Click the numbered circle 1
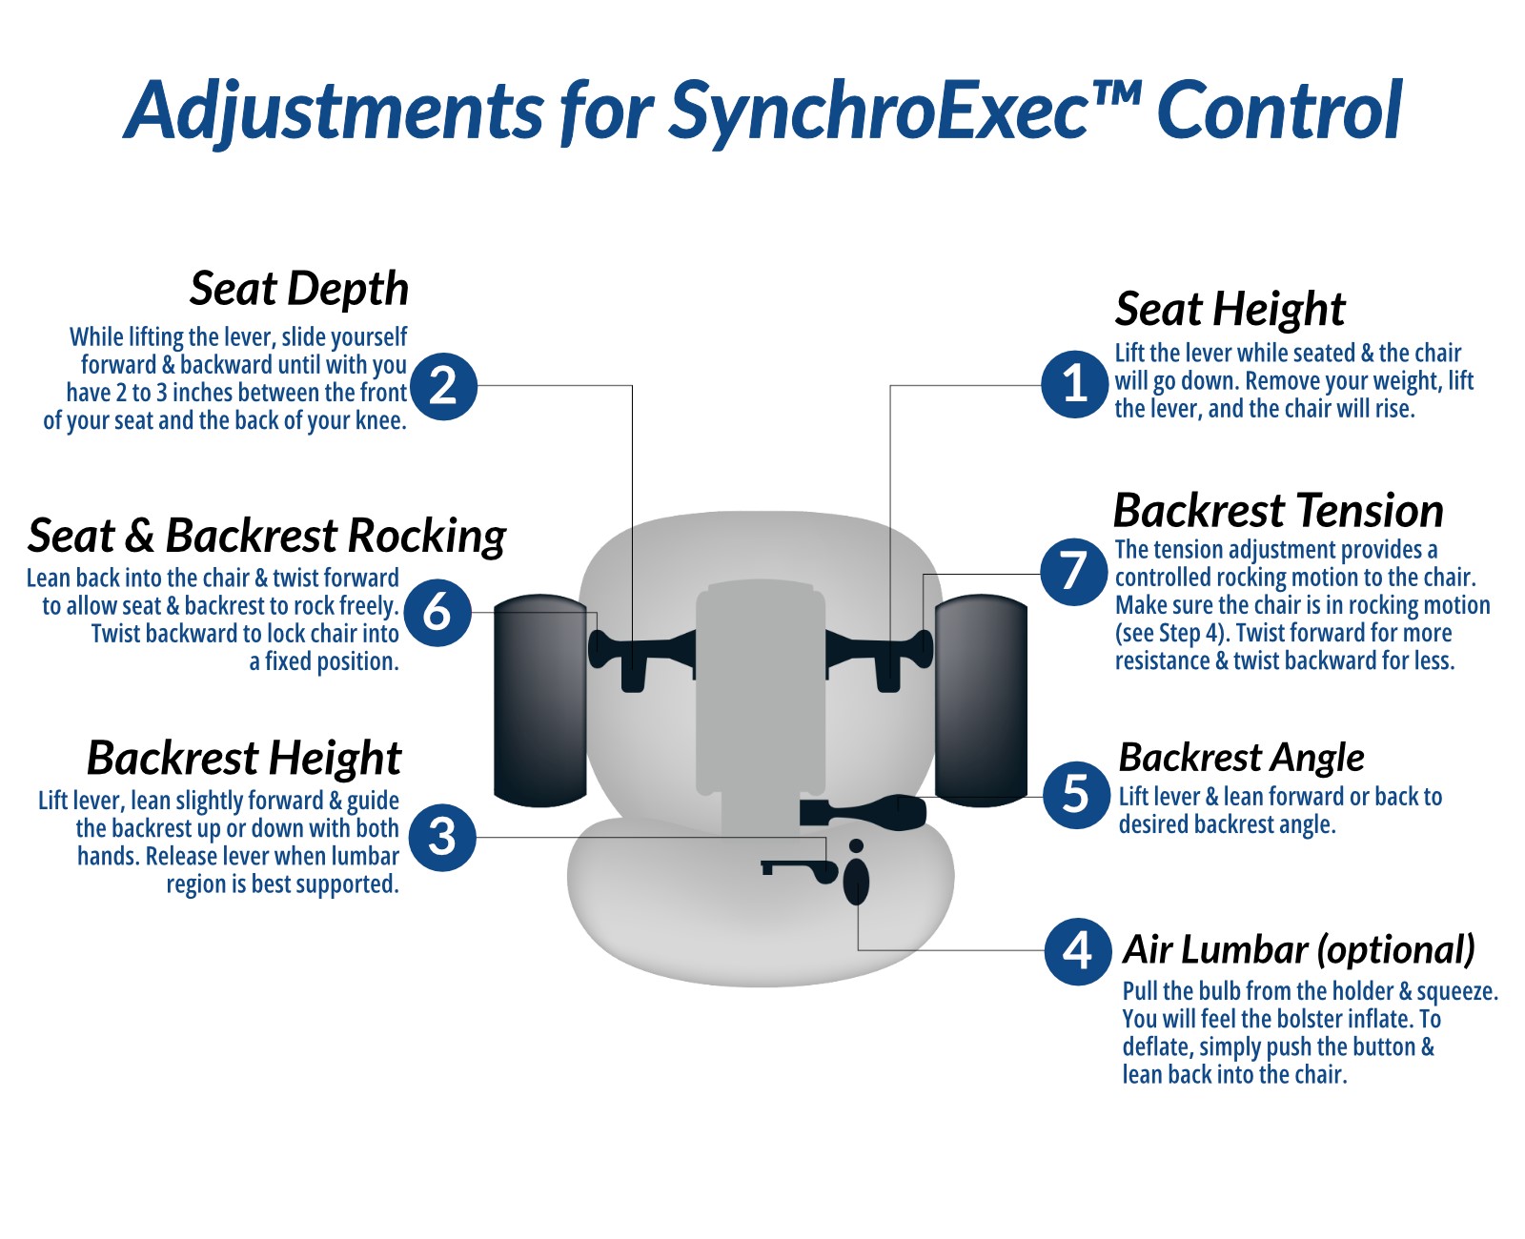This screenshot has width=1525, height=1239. [1074, 384]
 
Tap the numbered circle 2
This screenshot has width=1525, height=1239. [443, 386]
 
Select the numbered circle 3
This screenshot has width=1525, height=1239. [442, 837]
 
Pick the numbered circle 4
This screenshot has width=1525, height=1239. [1078, 951]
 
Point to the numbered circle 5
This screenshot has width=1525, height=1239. [1076, 795]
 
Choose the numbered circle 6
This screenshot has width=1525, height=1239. [437, 612]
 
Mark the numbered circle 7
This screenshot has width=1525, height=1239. [1074, 572]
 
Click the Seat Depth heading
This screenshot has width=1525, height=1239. [298, 289]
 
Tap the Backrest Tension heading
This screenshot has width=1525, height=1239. [1278, 511]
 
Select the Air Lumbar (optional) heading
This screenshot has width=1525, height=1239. [1298, 950]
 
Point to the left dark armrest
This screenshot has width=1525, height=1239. [539, 701]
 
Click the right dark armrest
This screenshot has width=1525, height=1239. [981, 701]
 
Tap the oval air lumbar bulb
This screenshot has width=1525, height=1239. [856, 881]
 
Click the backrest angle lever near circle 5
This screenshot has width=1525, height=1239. [863, 813]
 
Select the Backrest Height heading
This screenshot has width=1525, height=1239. [244, 759]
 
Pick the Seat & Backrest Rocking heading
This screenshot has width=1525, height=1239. [267, 536]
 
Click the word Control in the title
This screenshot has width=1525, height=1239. [1278, 110]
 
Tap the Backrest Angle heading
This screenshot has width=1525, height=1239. [1241, 758]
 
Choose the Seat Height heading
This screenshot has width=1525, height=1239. [1230, 310]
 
